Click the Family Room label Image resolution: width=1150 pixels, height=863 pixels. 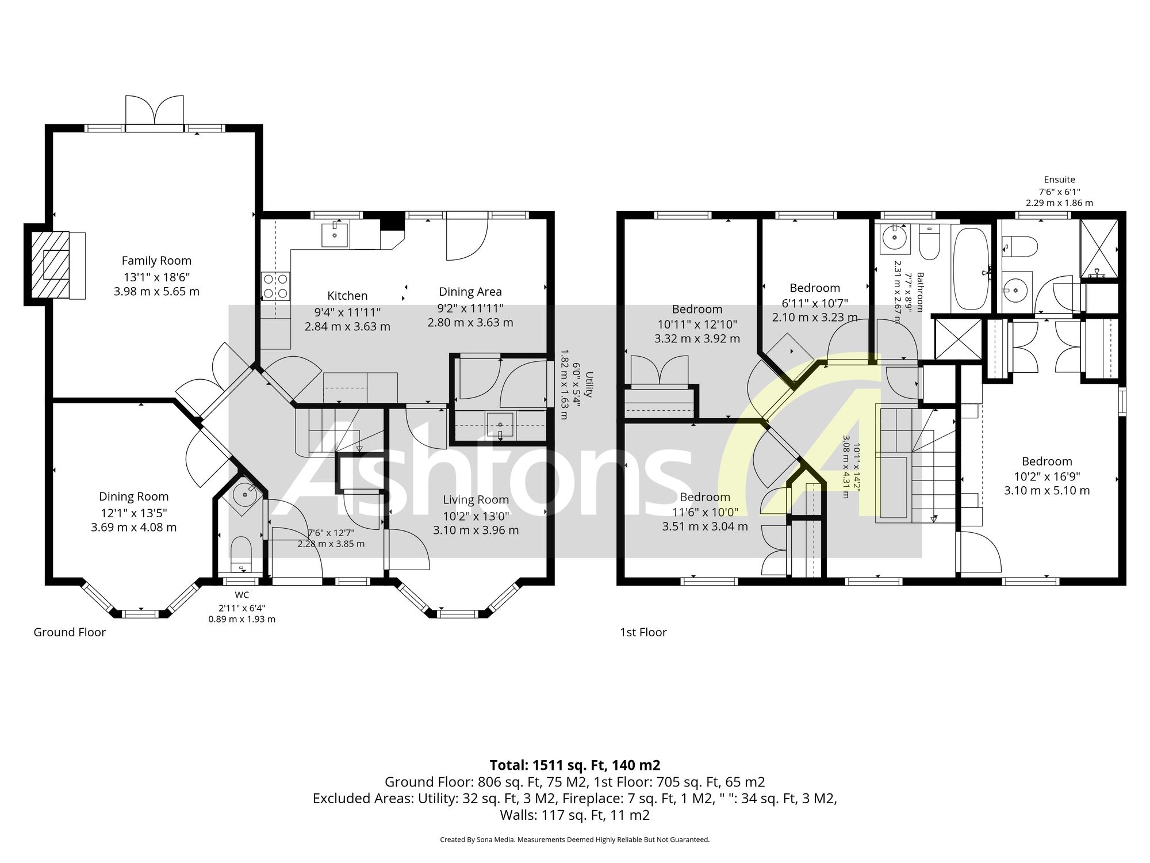[156, 261]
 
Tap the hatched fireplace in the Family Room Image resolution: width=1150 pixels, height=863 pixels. [50, 265]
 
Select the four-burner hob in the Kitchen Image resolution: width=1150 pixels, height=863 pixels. [275, 286]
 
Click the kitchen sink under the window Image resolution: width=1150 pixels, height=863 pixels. [334, 235]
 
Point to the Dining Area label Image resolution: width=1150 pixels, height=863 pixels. [470, 292]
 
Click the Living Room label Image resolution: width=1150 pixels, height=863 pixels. [476, 500]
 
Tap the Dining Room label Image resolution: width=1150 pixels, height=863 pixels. [134, 497]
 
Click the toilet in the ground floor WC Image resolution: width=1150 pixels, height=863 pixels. [241, 555]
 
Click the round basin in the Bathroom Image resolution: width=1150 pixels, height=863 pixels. [894, 236]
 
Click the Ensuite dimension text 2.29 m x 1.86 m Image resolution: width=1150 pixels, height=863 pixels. [1059, 203]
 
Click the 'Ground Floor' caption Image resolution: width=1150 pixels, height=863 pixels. [70, 632]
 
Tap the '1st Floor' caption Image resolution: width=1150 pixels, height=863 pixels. [643, 632]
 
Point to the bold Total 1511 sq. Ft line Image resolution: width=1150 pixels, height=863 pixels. [575, 765]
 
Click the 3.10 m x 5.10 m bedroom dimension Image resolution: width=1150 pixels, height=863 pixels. [1047, 491]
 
